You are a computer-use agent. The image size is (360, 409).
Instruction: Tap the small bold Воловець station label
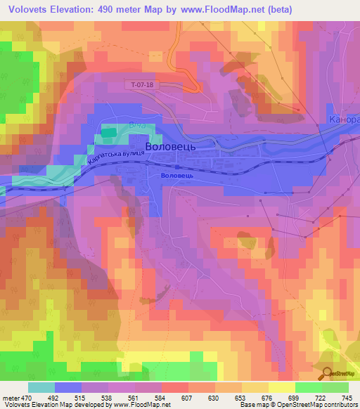pyautogui.click(x=176, y=176)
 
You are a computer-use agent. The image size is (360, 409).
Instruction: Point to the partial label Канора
pyautogui.click(x=343, y=120)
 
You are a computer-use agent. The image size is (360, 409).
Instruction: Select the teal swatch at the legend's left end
pyautogui.click(x=41, y=387)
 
